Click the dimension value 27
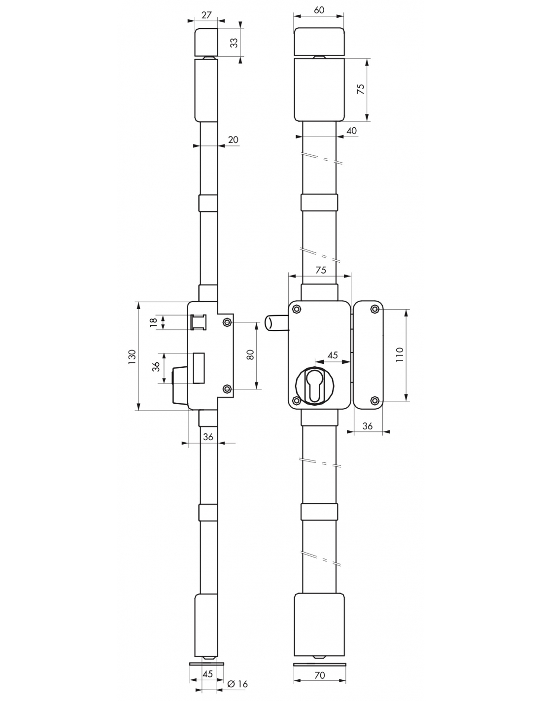point(206,15)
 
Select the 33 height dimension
point(235,42)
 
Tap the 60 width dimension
point(319,10)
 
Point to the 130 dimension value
point(132,356)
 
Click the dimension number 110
point(399,354)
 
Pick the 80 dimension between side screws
point(250,354)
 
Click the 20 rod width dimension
point(233,140)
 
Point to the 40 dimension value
point(351,131)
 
